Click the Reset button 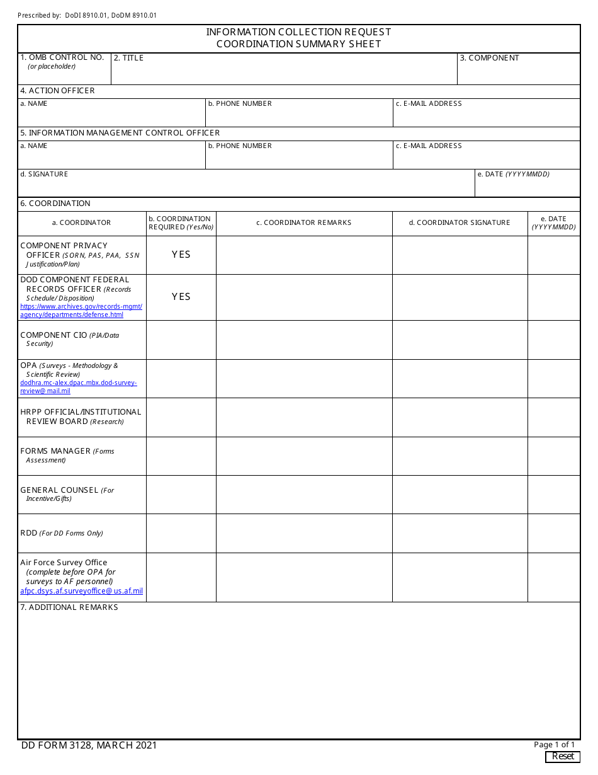pyautogui.click(x=562, y=756)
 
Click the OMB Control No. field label pyautogui.click(x=62, y=57)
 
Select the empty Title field pyautogui.click(x=283, y=72)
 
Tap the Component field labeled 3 pyautogui.click(x=518, y=72)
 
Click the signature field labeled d pyautogui.click(x=245, y=186)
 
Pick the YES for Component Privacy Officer pyautogui.click(x=181, y=255)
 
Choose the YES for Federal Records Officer pyautogui.click(x=181, y=297)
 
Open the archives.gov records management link pyautogui.click(x=81, y=311)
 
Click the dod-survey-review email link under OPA pyautogui.click(x=78, y=387)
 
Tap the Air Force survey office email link pyautogui.click(x=81, y=591)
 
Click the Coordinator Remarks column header pyautogui.click(x=303, y=222)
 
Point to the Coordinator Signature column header pyautogui.click(x=460, y=222)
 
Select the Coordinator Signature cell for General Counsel pyautogui.click(x=460, y=495)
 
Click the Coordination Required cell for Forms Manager pyautogui.click(x=181, y=456)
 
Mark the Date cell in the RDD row pyautogui.click(x=553, y=533)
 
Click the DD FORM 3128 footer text pyautogui.click(x=89, y=745)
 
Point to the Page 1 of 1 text pyautogui.click(x=554, y=745)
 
